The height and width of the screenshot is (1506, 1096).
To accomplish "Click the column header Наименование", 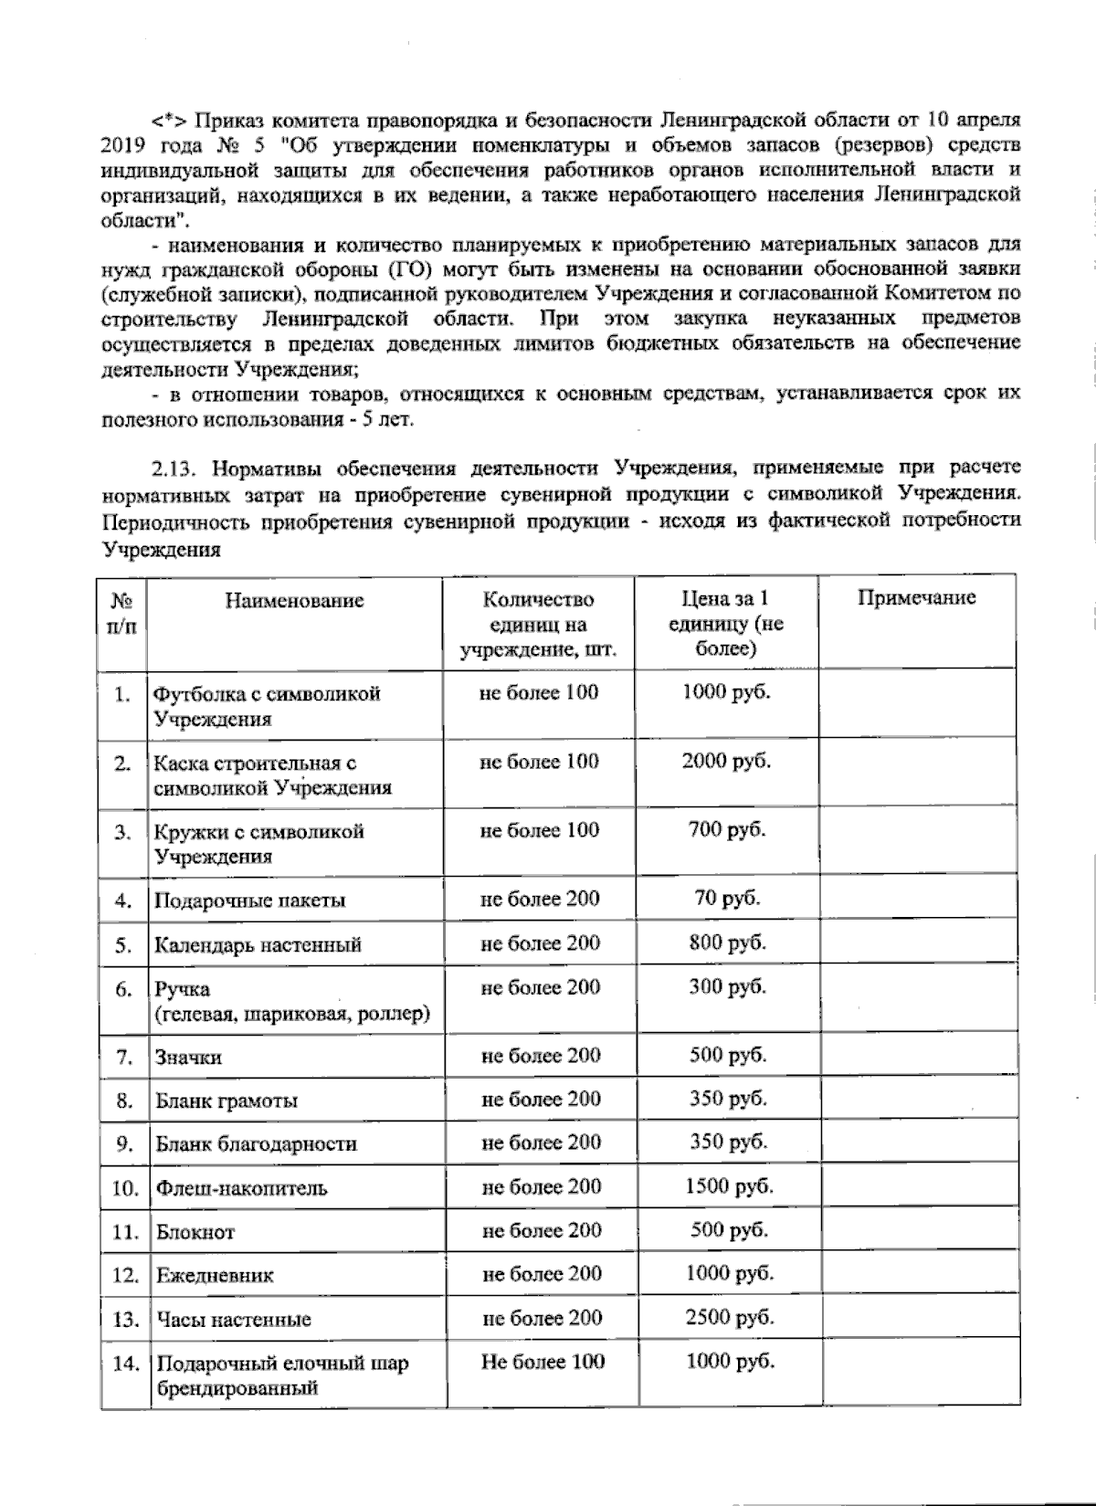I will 295,600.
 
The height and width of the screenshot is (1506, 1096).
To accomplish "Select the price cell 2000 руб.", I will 726,761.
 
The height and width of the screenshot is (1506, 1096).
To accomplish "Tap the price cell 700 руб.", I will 727,829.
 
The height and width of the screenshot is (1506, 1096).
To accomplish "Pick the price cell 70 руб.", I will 727,898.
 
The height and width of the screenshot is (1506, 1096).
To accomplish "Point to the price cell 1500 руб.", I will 729,1186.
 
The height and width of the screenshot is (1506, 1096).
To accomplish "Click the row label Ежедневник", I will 215,1275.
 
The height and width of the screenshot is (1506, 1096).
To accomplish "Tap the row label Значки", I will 188,1058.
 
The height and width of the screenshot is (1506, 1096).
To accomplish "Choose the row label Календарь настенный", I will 258,945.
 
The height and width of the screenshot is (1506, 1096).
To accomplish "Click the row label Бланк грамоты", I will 227,1101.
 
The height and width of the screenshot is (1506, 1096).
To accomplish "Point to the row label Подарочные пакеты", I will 249,900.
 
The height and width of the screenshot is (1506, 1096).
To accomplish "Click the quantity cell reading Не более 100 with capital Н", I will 543,1361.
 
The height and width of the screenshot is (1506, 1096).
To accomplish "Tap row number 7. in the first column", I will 125,1058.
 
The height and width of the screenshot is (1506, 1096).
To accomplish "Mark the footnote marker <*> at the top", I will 168,121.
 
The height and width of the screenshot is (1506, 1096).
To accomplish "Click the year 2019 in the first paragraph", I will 122,145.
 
